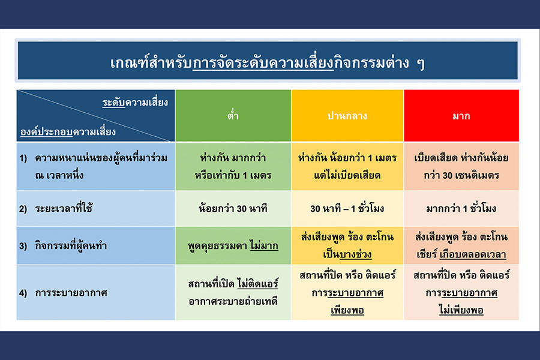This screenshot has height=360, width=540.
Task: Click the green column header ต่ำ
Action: (x=233, y=115)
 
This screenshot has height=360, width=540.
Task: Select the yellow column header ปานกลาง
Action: (x=347, y=116)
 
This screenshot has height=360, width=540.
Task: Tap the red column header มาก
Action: (x=461, y=116)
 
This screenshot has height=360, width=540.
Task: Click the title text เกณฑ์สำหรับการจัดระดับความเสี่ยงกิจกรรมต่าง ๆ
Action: (x=268, y=62)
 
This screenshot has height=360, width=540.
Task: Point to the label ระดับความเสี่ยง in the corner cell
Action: (x=135, y=103)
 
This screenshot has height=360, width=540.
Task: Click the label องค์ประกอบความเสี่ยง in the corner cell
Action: (x=68, y=131)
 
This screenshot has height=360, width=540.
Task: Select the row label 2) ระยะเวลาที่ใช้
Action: (x=56, y=208)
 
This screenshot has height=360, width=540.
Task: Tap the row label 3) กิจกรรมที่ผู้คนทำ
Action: (x=63, y=245)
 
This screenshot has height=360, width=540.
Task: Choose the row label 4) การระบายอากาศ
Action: (x=63, y=293)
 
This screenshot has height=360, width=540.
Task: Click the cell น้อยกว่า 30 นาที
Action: (x=233, y=208)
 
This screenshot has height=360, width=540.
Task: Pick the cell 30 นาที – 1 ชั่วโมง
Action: (x=347, y=208)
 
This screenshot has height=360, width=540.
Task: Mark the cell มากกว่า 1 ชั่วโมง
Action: (x=461, y=208)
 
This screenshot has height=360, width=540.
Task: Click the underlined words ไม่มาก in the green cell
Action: (x=264, y=245)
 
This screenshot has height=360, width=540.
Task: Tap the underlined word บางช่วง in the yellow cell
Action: (x=355, y=254)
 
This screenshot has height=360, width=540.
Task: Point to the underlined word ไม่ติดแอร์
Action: (x=257, y=284)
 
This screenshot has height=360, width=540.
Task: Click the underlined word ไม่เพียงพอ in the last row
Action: (x=461, y=310)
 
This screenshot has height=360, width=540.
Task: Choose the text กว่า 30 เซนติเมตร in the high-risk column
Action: (x=461, y=175)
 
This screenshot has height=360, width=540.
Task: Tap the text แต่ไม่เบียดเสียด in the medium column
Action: (x=347, y=175)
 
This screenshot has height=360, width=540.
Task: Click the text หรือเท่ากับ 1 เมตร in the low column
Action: (x=233, y=175)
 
